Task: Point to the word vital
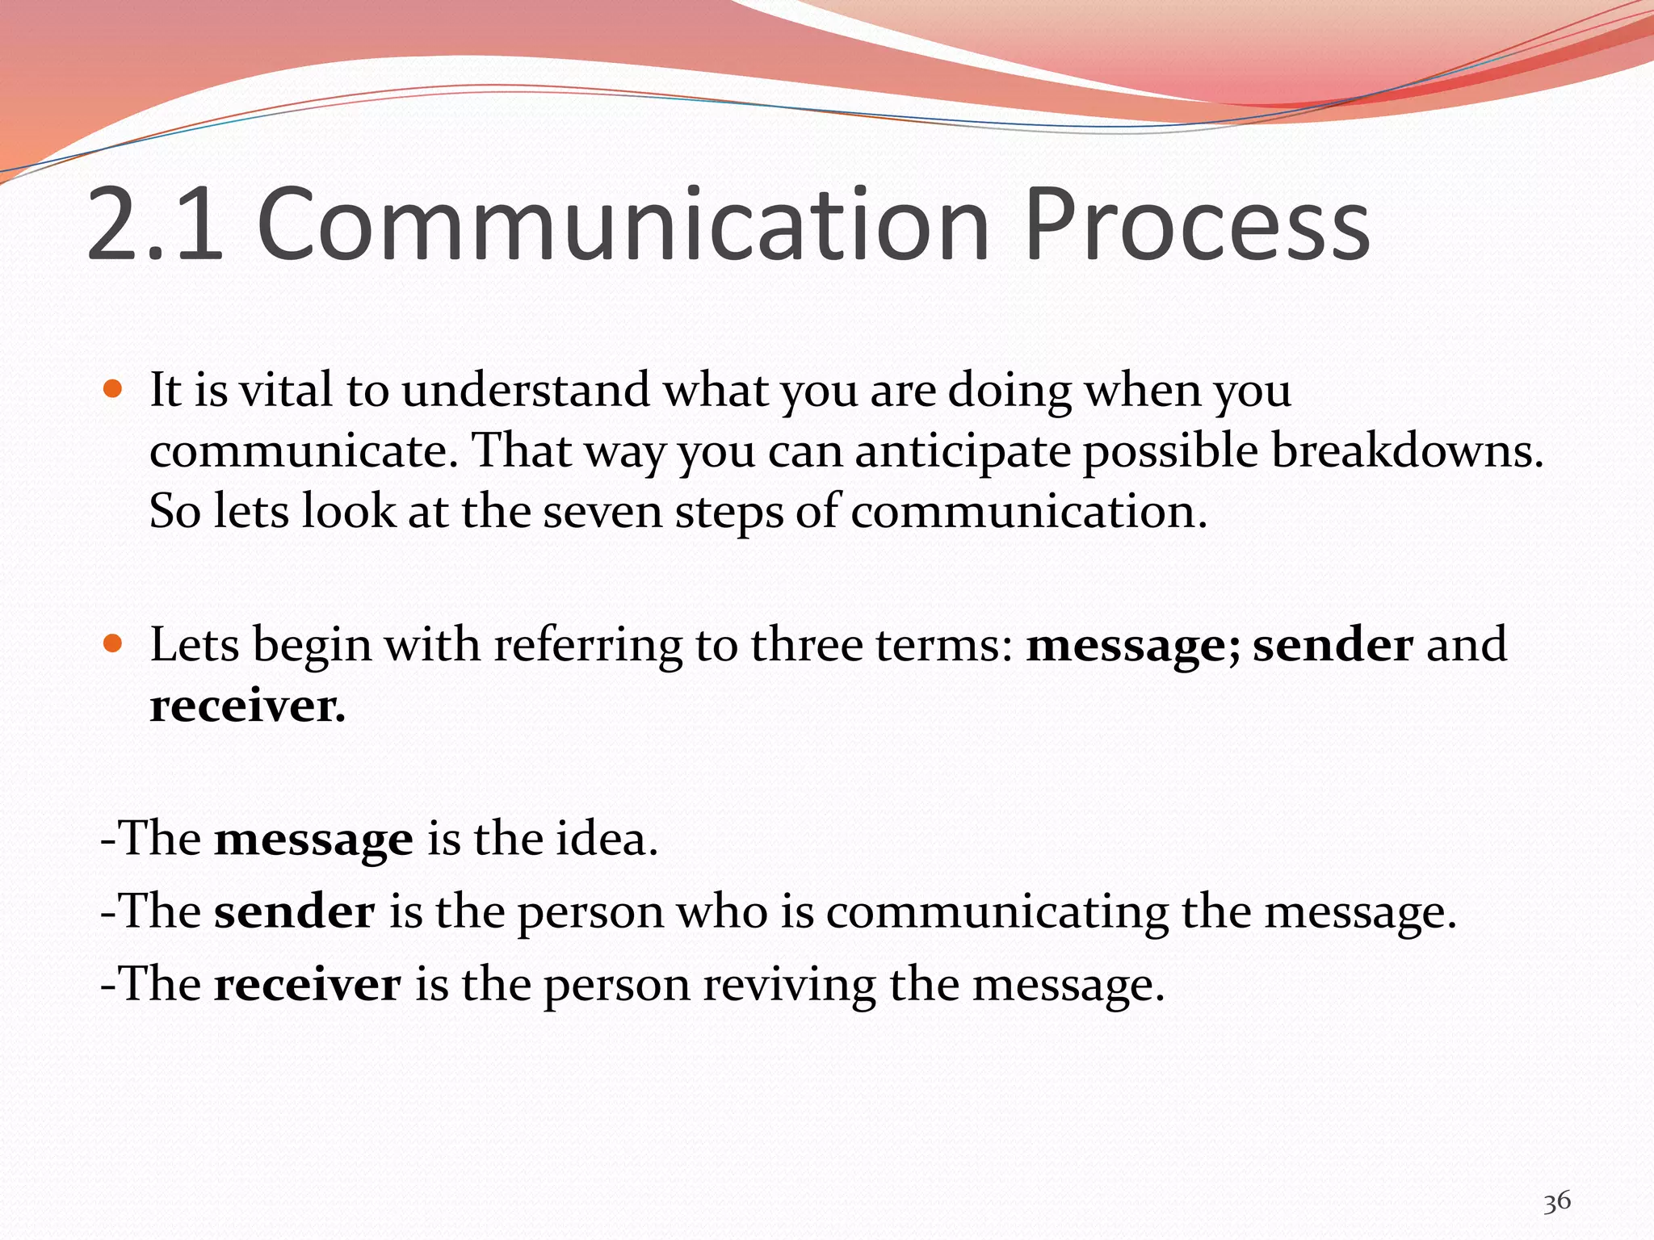287,390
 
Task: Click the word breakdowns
1407,450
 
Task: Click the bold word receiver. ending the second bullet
247,706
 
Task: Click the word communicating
997,913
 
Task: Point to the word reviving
789,986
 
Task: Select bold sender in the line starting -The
294,912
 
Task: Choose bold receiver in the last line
307,985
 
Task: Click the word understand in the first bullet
525,390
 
